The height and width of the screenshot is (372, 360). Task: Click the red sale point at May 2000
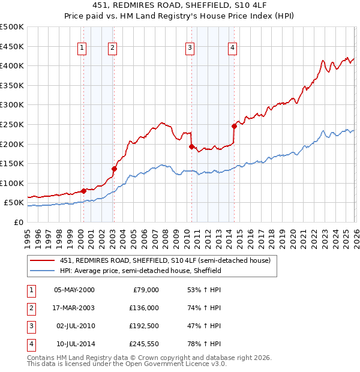click(x=83, y=191)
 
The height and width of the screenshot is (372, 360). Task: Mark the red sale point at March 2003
click(x=114, y=169)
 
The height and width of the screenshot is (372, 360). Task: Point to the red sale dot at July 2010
click(x=191, y=146)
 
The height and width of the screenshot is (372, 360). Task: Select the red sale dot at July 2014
click(x=234, y=126)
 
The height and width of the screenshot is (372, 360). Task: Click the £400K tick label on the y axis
click(x=13, y=65)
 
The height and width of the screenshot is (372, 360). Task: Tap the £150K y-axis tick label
click(x=13, y=163)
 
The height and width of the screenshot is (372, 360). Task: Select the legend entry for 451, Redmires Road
click(x=165, y=260)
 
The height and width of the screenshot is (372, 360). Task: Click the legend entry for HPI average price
click(x=141, y=271)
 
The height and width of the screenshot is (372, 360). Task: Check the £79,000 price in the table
click(x=144, y=290)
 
